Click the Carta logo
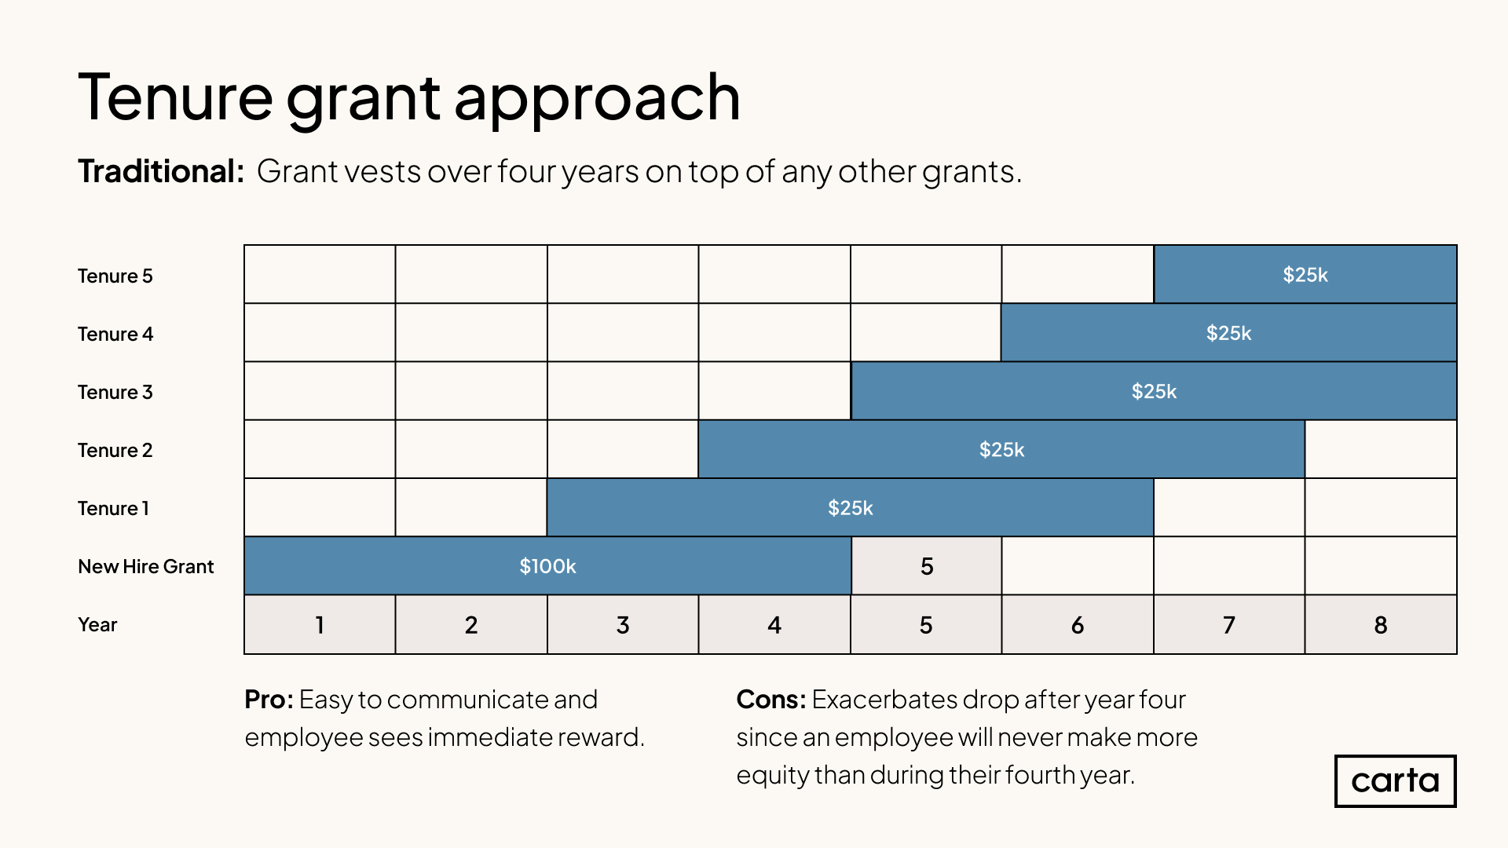click(1395, 781)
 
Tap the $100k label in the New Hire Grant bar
click(547, 566)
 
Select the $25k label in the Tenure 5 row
click(1305, 275)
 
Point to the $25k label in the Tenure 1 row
click(851, 508)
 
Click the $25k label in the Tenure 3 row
click(1154, 391)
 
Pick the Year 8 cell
click(1381, 624)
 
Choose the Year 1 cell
click(320, 624)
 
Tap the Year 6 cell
click(1078, 624)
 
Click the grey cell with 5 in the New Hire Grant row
click(926, 566)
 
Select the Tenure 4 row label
click(115, 334)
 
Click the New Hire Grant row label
click(145, 566)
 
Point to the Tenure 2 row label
click(115, 450)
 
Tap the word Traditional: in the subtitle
click(161, 171)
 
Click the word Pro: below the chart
click(269, 699)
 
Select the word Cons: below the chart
click(771, 699)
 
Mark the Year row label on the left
click(97, 624)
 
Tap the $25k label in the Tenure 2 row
click(1001, 450)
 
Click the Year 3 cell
click(623, 624)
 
